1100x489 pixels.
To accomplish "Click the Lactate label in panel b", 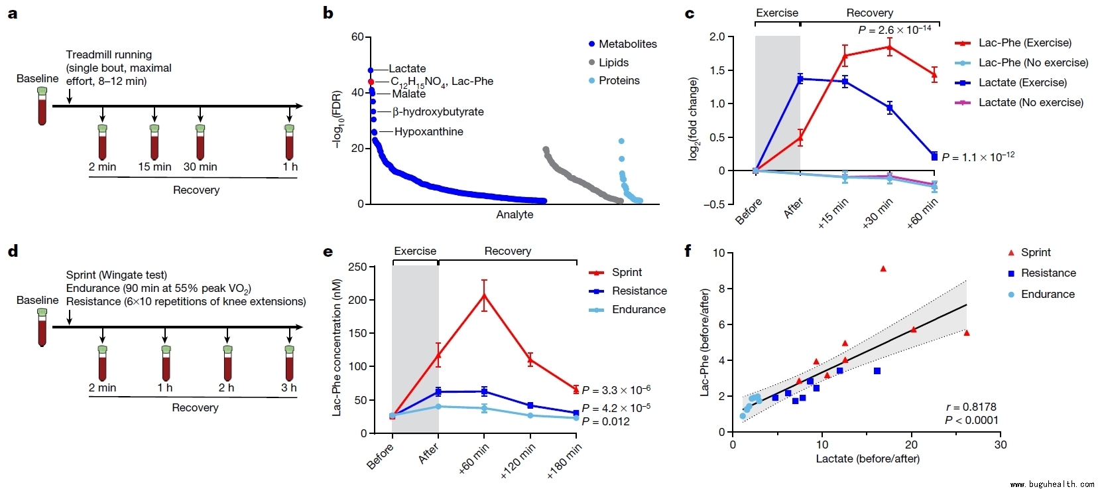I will [407, 69].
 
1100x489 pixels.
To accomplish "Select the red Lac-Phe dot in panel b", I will [371, 82].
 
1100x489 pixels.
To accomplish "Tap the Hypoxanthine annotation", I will [428, 131].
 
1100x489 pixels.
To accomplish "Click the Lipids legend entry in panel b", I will [613, 62].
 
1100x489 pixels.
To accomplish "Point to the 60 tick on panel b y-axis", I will [357, 37].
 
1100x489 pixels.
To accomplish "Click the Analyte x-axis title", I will [515, 214].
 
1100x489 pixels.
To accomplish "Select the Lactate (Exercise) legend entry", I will [1022, 83].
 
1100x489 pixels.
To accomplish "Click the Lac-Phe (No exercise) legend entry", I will [1033, 63].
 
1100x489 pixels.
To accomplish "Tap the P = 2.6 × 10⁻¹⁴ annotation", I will [894, 30].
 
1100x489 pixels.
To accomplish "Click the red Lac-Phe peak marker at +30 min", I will [890, 46].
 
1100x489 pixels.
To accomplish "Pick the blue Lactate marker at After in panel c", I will [800, 79].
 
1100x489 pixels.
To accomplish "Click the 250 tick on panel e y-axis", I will [357, 267].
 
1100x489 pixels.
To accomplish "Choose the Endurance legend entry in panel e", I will [638, 310].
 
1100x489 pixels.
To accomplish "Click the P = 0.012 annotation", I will [605, 422].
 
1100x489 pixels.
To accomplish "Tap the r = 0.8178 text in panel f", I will [971, 407].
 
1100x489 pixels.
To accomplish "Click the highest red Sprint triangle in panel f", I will [883, 269].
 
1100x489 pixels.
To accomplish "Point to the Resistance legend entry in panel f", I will [1048, 273].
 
